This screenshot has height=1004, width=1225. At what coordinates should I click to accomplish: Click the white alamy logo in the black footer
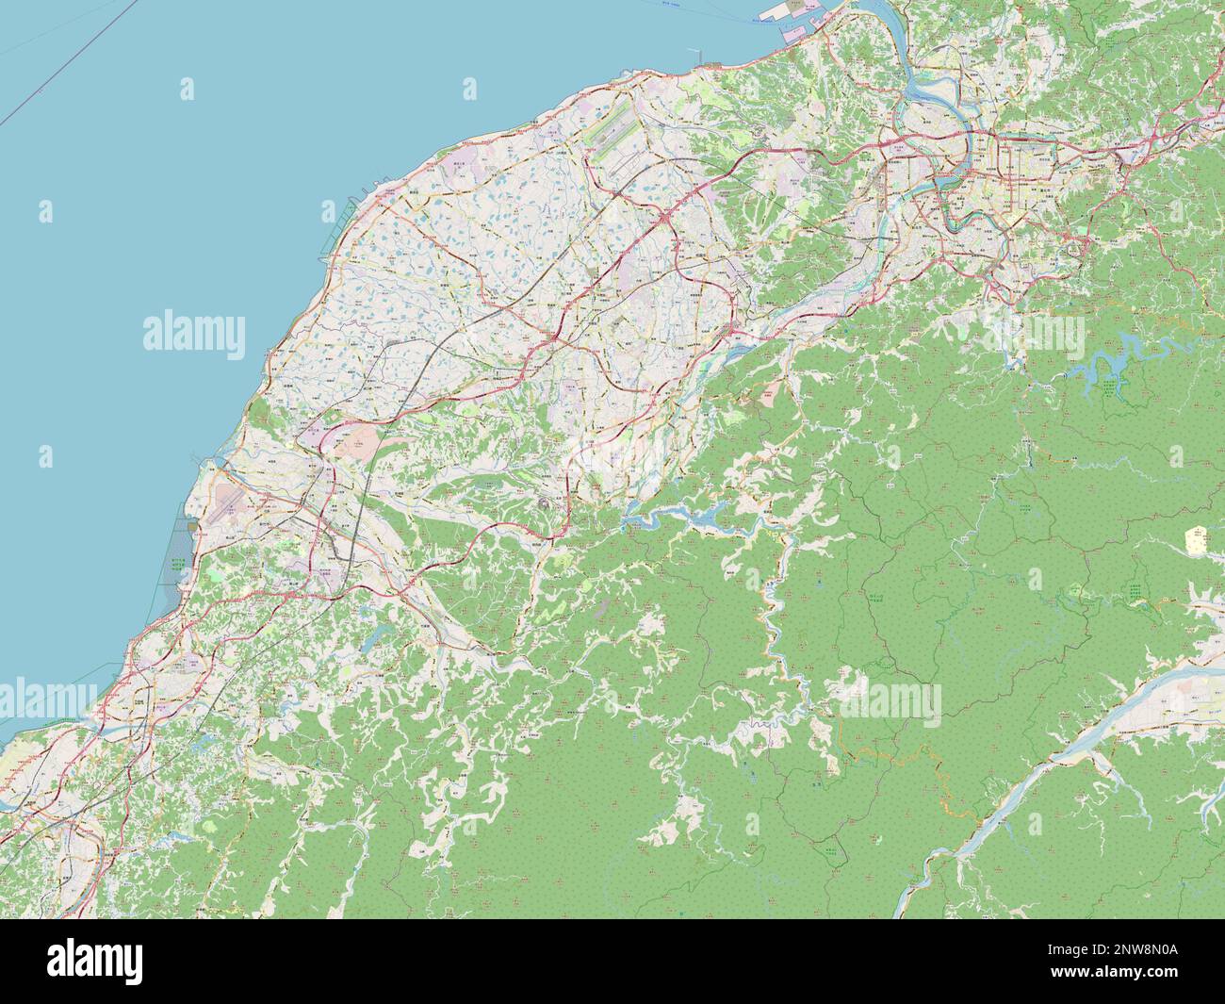click(x=94, y=961)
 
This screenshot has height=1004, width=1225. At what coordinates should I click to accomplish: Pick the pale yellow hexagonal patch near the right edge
click(x=1196, y=540)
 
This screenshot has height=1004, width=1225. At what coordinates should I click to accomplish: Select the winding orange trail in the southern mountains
click(x=905, y=754)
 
